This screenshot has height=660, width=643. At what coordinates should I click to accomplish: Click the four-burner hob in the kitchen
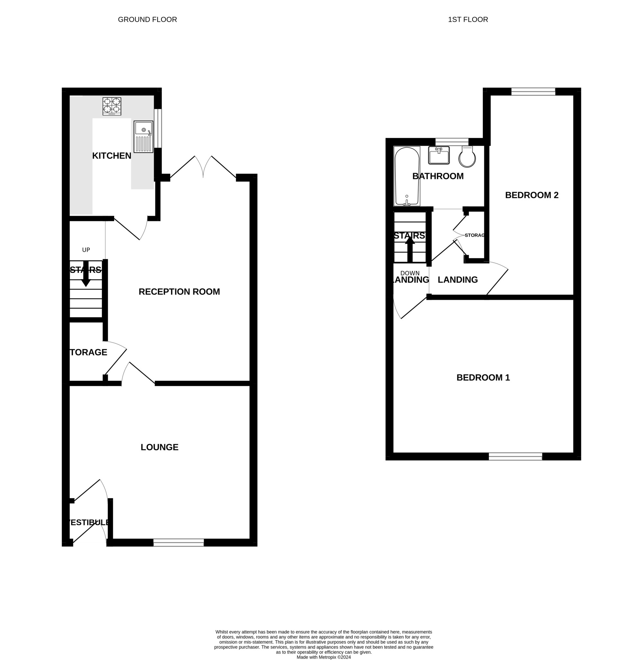click(x=112, y=106)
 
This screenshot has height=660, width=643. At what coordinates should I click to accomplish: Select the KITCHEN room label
click(x=112, y=156)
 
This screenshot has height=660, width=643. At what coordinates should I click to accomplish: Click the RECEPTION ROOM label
click(x=179, y=292)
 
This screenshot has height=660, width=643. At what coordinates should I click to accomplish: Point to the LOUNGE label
click(x=159, y=447)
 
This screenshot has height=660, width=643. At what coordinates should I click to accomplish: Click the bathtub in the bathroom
click(x=407, y=176)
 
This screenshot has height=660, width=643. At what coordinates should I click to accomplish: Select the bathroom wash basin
click(x=439, y=155)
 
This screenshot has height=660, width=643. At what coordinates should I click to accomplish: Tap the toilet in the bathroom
click(x=467, y=157)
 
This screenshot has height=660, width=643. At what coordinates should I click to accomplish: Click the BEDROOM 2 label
click(x=531, y=195)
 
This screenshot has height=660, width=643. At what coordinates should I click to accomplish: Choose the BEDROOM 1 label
click(x=483, y=378)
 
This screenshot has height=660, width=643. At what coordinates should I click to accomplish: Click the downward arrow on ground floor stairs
click(x=86, y=274)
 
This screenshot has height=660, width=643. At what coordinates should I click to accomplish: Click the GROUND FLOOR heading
click(x=147, y=20)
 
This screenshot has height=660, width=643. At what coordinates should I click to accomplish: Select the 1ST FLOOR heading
click(x=468, y=20)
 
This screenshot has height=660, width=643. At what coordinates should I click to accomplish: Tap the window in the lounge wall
click(x=179, y=542)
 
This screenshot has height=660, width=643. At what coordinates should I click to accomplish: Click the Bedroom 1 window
click(x=515, y=457)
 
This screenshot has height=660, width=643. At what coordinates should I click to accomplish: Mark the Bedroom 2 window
click(x=533, y=92)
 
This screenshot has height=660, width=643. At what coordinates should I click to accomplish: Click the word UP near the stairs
click(x=86, y=250)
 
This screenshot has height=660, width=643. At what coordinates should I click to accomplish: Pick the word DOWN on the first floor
click(x=410, y=273)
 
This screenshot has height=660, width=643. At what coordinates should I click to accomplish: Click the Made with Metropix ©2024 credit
click(x=323, y=657)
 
